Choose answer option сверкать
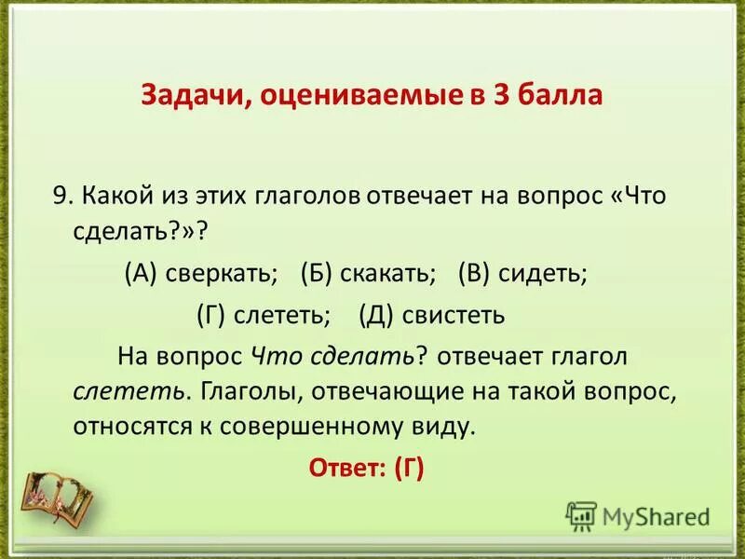coord(223,275)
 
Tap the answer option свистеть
coord(454,315)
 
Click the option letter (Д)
coord(377,315)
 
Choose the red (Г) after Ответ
coord(408,469)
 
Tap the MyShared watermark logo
coord(638,515)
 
